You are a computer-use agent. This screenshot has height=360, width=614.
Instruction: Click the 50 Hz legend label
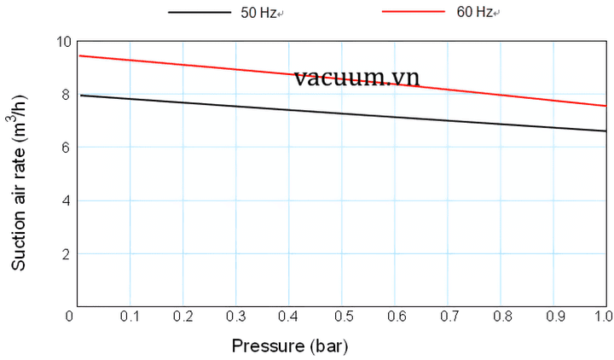258,14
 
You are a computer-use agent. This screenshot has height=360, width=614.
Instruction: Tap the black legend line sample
198,14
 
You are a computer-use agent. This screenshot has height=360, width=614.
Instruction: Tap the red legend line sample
413,13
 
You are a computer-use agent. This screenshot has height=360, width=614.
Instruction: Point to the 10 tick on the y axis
62,42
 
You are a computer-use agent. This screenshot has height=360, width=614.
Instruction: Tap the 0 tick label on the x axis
70,316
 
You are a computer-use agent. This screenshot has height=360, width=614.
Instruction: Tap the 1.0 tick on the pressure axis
603,316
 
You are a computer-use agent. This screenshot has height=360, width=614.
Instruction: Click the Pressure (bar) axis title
289,345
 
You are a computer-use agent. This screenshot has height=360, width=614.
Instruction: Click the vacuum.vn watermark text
356,78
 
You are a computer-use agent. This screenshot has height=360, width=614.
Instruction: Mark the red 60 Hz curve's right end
605,106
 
